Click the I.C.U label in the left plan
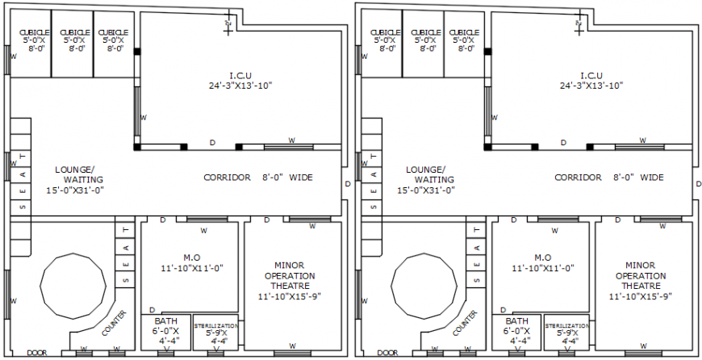[x=240, y=75]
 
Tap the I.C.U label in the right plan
[x=591, y=75]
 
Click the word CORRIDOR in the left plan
[x=227, y=178]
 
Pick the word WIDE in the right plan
[x=652, y=178]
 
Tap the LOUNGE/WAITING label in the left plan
[x=79, y=175]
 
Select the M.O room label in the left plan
[x=191, y=257]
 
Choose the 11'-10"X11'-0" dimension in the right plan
[x=542, y=268]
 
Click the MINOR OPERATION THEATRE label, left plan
[x=294, y=275]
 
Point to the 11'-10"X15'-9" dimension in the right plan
[x=641, y=296]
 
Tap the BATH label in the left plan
[x=166, y=320]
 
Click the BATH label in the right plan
[x=516, y=320]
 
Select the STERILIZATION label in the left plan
[x=215, y=326]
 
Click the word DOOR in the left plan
[x=36, y=353]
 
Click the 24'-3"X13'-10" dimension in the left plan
[x=240, y=85]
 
